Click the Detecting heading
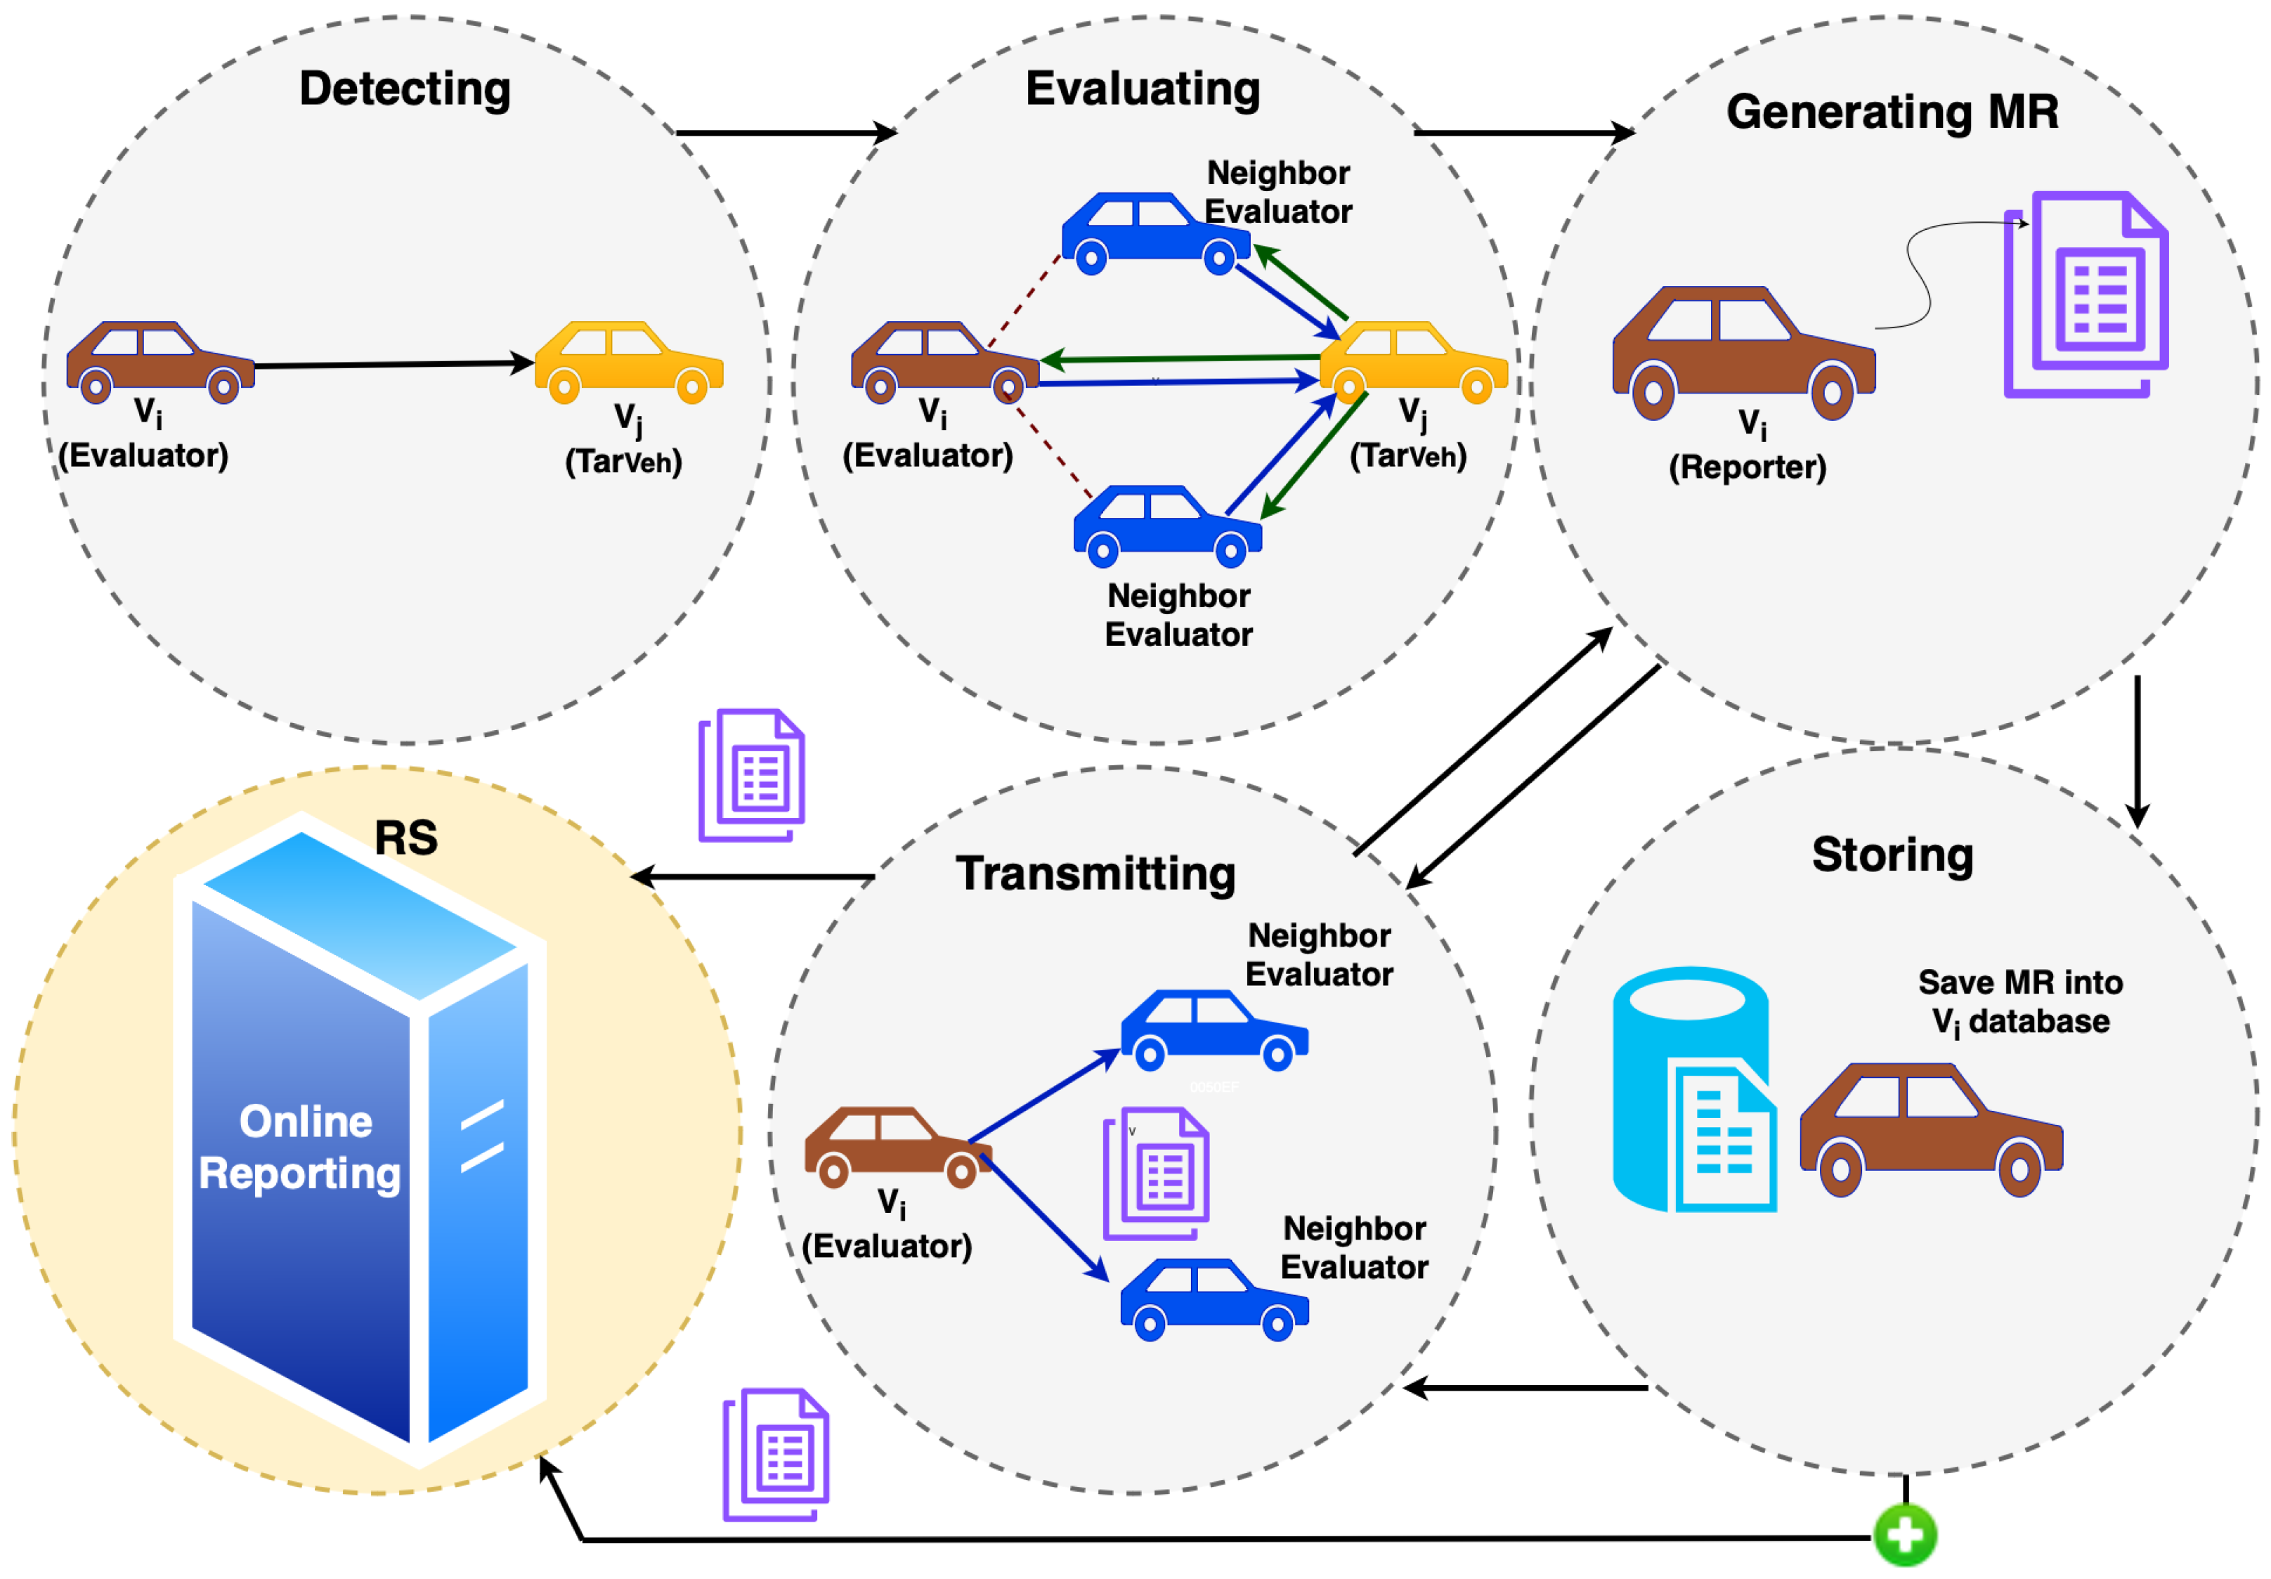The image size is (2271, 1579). (x=405, y=89)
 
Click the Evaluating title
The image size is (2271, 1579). (x=1143, y=89)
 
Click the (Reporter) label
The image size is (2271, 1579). (x=1747, y=467)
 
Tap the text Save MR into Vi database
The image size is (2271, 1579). (x=2019, y=1001)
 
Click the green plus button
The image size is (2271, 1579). (x=1904, y=1535)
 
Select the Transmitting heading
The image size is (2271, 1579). (x=1095, y=873)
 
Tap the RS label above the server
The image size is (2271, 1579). (x=405, y=838)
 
